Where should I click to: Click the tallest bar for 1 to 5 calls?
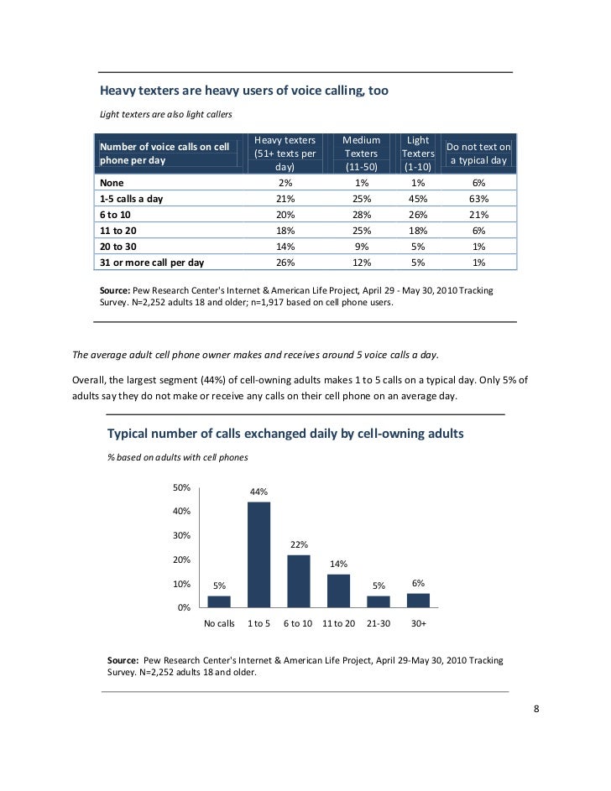(x=258, y=554)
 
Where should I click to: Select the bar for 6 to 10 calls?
(x=298, y=580)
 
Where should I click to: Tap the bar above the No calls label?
(x=219, y=601)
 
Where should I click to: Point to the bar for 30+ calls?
(x=418, y=600)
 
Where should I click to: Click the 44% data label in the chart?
(x=258, y=492)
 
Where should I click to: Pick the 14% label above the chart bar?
(x=338, y=564)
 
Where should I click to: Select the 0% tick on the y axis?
(x=182, y=607)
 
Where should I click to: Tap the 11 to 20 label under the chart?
(x=338, y=624)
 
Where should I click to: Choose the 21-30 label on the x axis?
(x=379, y=624)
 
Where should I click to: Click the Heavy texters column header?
(x=285, y=154)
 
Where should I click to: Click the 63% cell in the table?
(x=479, y=199)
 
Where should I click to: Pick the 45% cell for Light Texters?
(x=418, y=199)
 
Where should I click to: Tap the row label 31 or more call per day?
(x=152, y=263)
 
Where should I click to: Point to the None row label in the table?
(x=111, y=183)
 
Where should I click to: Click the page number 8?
(x=536, y=709)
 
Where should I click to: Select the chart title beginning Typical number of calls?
(x=285, y=434)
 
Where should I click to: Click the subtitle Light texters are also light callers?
(x=165, y=114)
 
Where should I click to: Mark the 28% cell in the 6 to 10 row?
(x=363, y=215)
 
